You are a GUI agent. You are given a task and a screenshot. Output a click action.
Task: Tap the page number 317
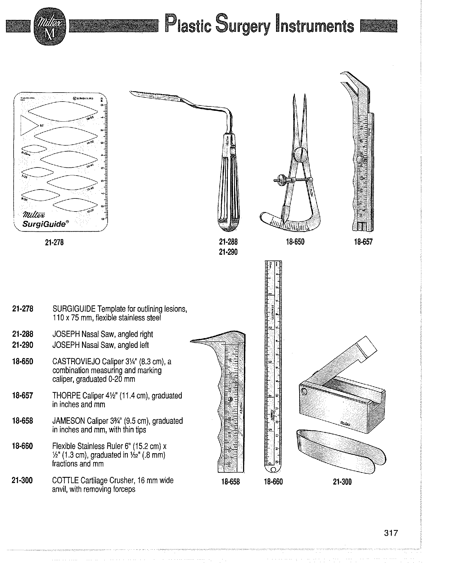pyautogui.click(x=391, y=533)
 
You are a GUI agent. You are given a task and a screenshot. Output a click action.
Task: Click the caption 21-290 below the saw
pyautogui.click(x=228, y=252)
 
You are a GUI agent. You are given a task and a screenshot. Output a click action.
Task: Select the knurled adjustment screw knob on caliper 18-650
pyautogui.click(x=283, y=180)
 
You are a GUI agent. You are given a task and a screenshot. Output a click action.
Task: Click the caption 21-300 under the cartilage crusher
pyautogui.click(x=342, y=482)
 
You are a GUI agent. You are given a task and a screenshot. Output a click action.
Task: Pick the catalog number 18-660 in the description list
pyautogui.click(x=23, y=446)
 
